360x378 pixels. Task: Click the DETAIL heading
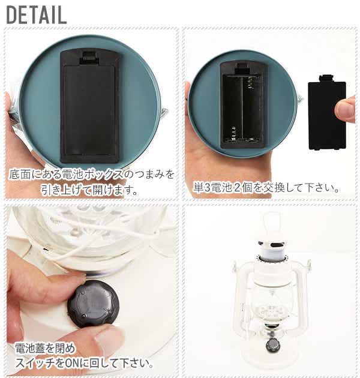pos(37,15)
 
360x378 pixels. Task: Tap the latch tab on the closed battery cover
pos(89,58)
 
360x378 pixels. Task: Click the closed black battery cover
pos(89,106)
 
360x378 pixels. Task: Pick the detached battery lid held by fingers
pos(327,112)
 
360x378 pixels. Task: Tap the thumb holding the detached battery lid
pos(345,110)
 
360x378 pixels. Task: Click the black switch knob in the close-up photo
pos(93,304)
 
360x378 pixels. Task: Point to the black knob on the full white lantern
pos(272,345)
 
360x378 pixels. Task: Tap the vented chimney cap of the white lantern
pos(272,247)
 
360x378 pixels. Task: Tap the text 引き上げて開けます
pos(89,190)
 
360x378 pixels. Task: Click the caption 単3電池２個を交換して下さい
pos(266,188)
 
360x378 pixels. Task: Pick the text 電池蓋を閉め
pos(46,349)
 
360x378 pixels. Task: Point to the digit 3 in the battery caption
pos(207,188)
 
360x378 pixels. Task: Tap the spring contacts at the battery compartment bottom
pos(243,139)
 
